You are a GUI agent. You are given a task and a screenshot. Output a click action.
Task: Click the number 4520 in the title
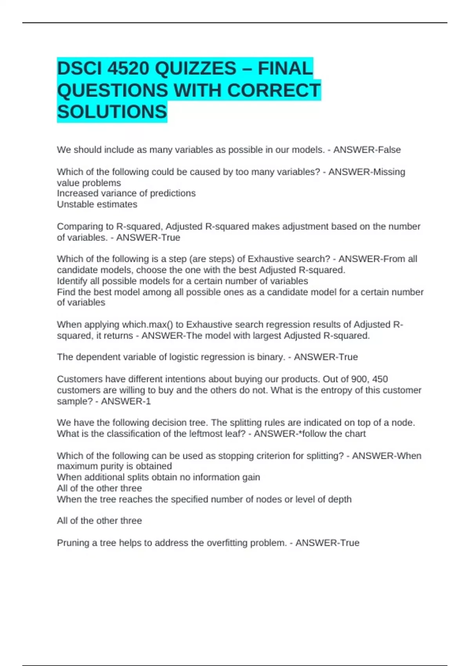click(128, 69)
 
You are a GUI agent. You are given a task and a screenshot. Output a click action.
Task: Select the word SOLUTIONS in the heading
click(112, 112)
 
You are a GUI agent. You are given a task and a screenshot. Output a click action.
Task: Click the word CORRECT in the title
click(273, 90)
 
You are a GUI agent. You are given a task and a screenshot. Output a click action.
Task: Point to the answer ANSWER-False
click(367, 150)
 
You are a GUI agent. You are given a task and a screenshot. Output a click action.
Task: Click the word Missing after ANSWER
click(388, 172)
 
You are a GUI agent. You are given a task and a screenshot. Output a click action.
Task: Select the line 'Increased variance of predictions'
click(126, 193)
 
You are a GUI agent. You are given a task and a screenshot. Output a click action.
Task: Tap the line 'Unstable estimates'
click(97, 204)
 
